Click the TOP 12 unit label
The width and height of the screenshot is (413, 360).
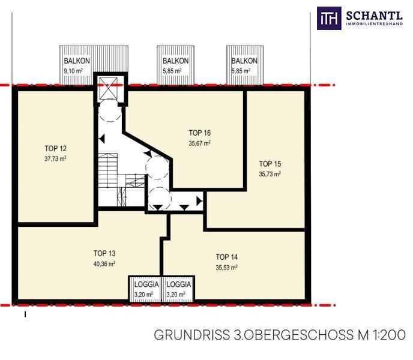pyautogui.click(x=56, y=149)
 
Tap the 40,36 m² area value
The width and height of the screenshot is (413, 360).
pyautogui.click(x=104, y=264)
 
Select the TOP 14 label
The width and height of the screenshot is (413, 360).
pyautogui.click(x=227, y=257)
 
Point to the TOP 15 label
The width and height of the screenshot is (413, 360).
pyautogui.click(x=270, y=164)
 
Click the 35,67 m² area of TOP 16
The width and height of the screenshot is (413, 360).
pyautogui.click(x=200, y=143)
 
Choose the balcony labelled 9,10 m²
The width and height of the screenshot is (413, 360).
pyautogui.click(x=76, y=65)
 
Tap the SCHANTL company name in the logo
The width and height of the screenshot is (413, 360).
pyautogui.click(x=375, y=16)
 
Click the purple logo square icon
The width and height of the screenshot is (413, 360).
pyautogui.click(x=329, y=18)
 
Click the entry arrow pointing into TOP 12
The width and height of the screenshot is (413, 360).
pyautogui.click(x=101, y=139)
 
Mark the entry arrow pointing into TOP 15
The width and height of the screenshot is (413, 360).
pyautogui.click(x=200, y=202)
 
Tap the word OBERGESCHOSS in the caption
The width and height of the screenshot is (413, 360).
pyautogui.click(x=301, y=335)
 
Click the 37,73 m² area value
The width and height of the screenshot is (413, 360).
pyautogui.click(x=56, y=159)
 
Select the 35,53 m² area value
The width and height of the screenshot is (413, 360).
pyautogui.click(x=227, y=268)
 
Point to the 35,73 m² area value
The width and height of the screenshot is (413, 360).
pyautogui.click(x=270, y=174)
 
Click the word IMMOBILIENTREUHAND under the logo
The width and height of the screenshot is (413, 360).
pyautogui.click(x=375, y=24)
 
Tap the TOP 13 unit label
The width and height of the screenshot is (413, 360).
pyautogui.click(x=104, y=253)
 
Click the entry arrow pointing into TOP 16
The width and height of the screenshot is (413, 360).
pyautogui.click(x=148, y=154)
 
